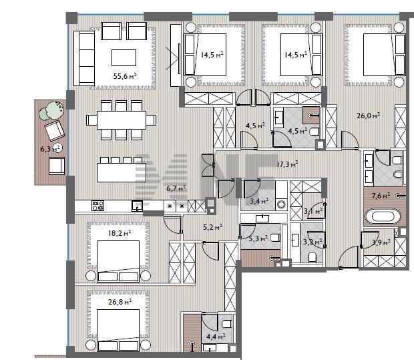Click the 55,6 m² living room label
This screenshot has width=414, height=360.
coord(125,76)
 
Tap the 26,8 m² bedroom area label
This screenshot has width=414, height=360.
coord(120,302)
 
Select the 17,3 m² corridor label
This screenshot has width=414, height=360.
coord(287,164)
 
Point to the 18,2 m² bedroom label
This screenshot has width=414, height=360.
coord(120,233)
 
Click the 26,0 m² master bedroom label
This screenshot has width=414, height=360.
coord(369,116)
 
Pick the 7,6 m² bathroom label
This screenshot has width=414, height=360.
coord(381,196)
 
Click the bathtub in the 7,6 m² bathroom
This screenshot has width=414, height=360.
coord(383,217)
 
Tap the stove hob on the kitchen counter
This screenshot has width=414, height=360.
coord(97,206)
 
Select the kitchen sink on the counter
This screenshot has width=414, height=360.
coord(137,206)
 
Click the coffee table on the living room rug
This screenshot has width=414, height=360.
coord(124,57)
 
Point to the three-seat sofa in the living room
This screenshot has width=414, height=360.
coord(84,58)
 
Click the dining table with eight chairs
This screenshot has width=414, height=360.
coord(122,120)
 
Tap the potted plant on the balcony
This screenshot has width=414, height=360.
coord(52,111)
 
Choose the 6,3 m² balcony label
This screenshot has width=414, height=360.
coord(51,149)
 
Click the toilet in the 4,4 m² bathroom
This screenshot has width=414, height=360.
coord(227,323)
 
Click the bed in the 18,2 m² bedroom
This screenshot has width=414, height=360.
coord(118,261)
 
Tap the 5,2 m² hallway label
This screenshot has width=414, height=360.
coord(212,227)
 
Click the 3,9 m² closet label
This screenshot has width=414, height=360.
coord(381,242)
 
